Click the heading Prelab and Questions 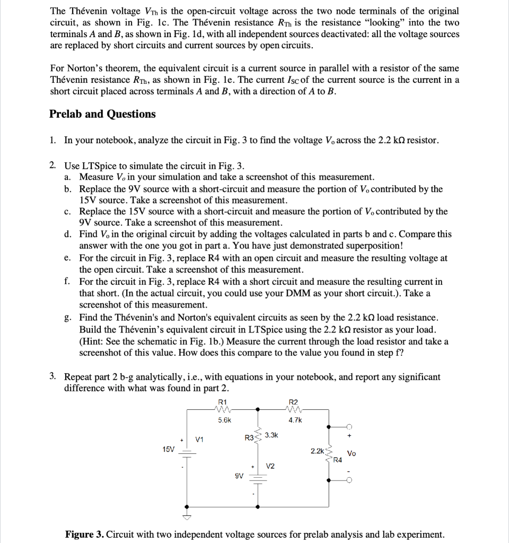(102, 114)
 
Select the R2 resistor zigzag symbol (293, 409)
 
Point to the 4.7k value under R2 (295, 419)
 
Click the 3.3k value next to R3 (271, 435)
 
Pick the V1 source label (200, 439)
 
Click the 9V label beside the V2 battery (239, 476)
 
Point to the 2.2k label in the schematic (317, 450)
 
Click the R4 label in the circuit (337, 459)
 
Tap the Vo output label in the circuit (351, 453)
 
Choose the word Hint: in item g (95, 341)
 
